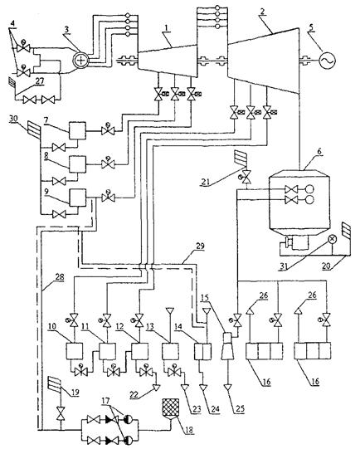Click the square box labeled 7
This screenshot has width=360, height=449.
(77, 130)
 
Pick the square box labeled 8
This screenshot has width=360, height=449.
(77, 164)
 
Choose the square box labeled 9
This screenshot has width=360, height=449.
(77, 198)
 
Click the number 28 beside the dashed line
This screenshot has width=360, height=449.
(60, 277)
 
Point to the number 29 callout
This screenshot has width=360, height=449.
(200, 246)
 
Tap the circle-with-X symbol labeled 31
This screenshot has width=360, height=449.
(333, 239)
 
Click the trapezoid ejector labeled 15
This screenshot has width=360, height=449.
(228, 345)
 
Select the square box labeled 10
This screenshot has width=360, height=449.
(75, 351)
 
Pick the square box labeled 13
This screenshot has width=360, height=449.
(170, 351)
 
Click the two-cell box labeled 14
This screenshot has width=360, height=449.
(203, 351)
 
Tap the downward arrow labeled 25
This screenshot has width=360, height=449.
(228, 388)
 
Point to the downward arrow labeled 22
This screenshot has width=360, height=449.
(156, 388)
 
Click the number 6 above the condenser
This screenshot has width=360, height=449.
(319, 152)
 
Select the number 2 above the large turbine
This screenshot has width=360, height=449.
(262, 11)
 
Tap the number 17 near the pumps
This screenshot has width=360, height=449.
(105, 401)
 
